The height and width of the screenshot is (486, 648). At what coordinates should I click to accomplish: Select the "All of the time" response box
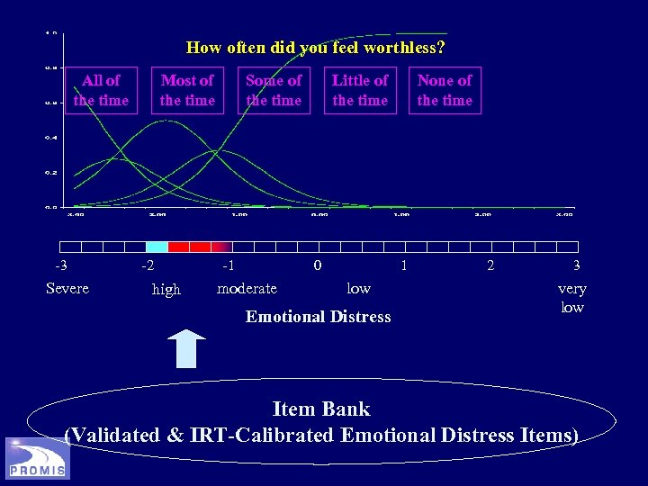pyautogui.click(x=101, y=90)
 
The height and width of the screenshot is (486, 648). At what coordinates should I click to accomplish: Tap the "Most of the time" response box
pyautogui.click(x=187, y=90)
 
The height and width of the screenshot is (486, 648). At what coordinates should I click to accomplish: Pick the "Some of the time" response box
pyautogui.click(x=274, y=90)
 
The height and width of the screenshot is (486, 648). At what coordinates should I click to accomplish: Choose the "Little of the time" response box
pyautogui.click(x=360, y=90)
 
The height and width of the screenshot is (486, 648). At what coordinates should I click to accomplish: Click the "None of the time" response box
pyautogui.click(x=445, y=90)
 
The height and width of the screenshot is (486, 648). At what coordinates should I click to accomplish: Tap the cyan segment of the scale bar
pyautogui.click(x=157, y=247)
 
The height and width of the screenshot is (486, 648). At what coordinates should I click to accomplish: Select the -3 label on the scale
pyautogui.click(x=60, y=265)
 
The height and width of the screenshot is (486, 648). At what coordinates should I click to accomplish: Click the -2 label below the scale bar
pyautogui.click(x=147, y=265)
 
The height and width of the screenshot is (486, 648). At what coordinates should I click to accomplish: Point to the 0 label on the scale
pyautogui.click(x=317, y=265)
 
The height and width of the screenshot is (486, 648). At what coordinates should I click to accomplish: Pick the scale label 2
pyautogui.click(x=490, y=265)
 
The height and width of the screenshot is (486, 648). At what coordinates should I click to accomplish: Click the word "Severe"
pyautogui.click(x=67, y=288)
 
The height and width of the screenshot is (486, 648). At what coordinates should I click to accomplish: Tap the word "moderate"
pyautogui.click(x=247, y=288)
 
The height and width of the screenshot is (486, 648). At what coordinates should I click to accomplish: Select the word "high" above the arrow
pyautogui.click(x=166, y=289)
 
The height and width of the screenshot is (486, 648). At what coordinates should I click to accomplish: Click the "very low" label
pyautogui.click(x=572, y=298)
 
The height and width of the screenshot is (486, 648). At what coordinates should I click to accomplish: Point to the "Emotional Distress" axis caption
pyautogui.click(x=319, y=316)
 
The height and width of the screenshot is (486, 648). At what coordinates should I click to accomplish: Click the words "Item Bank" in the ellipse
pyautogui.click(x=321, y=409)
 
